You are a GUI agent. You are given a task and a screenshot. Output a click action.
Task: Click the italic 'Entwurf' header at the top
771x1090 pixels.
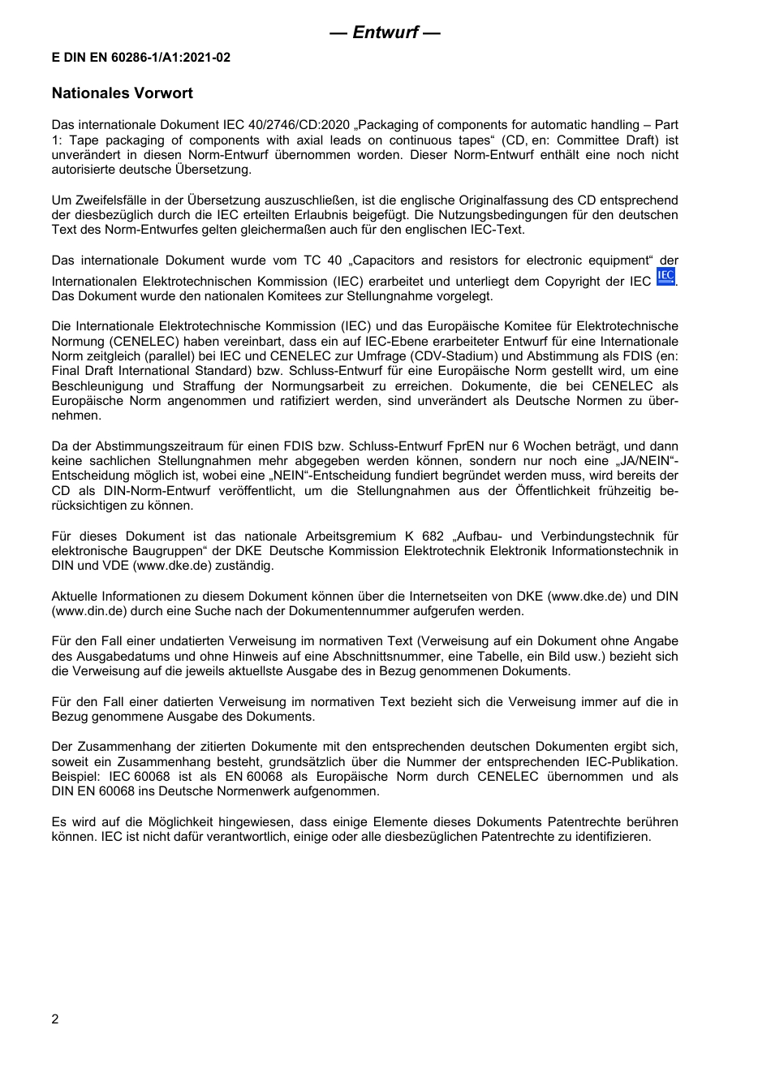point(385,32)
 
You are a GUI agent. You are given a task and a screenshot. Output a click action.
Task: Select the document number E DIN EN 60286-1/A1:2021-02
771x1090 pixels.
point(141,58)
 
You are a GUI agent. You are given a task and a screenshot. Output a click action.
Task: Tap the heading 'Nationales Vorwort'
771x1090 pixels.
point(123,93)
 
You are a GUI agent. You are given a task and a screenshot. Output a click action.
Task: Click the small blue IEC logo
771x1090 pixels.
point(665,277)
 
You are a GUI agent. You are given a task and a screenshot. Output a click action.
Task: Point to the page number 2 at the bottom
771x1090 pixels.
point(55,1019)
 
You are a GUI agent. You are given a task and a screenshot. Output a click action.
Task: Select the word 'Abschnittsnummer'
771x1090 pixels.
point(466,657)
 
